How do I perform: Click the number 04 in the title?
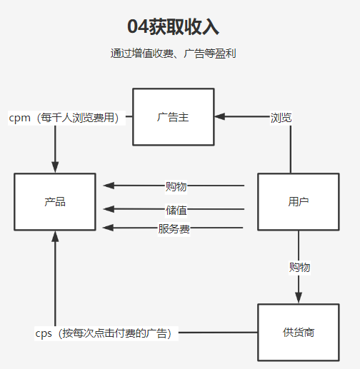138,27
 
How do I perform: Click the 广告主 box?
173,117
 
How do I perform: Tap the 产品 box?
55,202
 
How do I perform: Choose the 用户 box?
298,202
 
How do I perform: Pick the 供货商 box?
298,333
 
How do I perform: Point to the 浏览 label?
281,117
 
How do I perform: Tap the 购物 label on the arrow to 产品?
176,186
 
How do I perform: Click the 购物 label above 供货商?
299,267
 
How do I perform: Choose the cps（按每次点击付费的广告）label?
107,333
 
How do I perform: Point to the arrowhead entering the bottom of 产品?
55,236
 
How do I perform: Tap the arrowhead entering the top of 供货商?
298,299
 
